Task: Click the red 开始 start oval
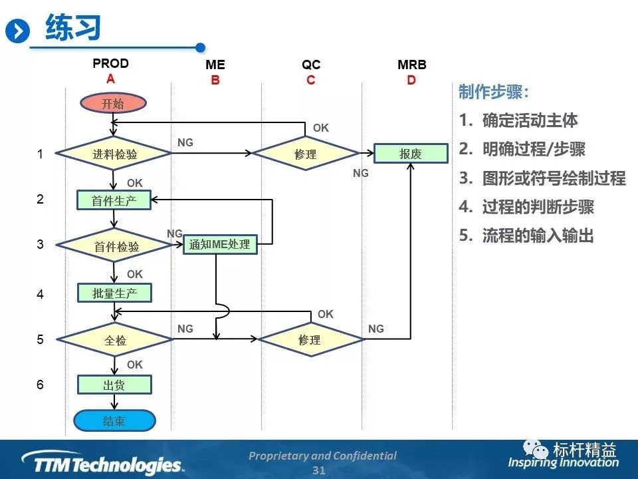[113, 103]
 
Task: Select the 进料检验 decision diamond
[114, 154]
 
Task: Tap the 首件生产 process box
[114, 200]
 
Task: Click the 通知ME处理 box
[219, 244]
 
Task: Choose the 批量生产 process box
[114, 292]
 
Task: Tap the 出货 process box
[114, 385]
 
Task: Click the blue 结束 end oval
[114, 420]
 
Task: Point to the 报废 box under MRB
[411, 154]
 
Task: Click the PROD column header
[111, 64]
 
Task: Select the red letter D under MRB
[411, 80]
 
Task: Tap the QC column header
[310, 65]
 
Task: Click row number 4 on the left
[40, 293]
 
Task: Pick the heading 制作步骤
[494, 92]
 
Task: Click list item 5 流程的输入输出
[526, 236]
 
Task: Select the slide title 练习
[73, 28]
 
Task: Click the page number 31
[319, 470]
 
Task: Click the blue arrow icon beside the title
[18, 31]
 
